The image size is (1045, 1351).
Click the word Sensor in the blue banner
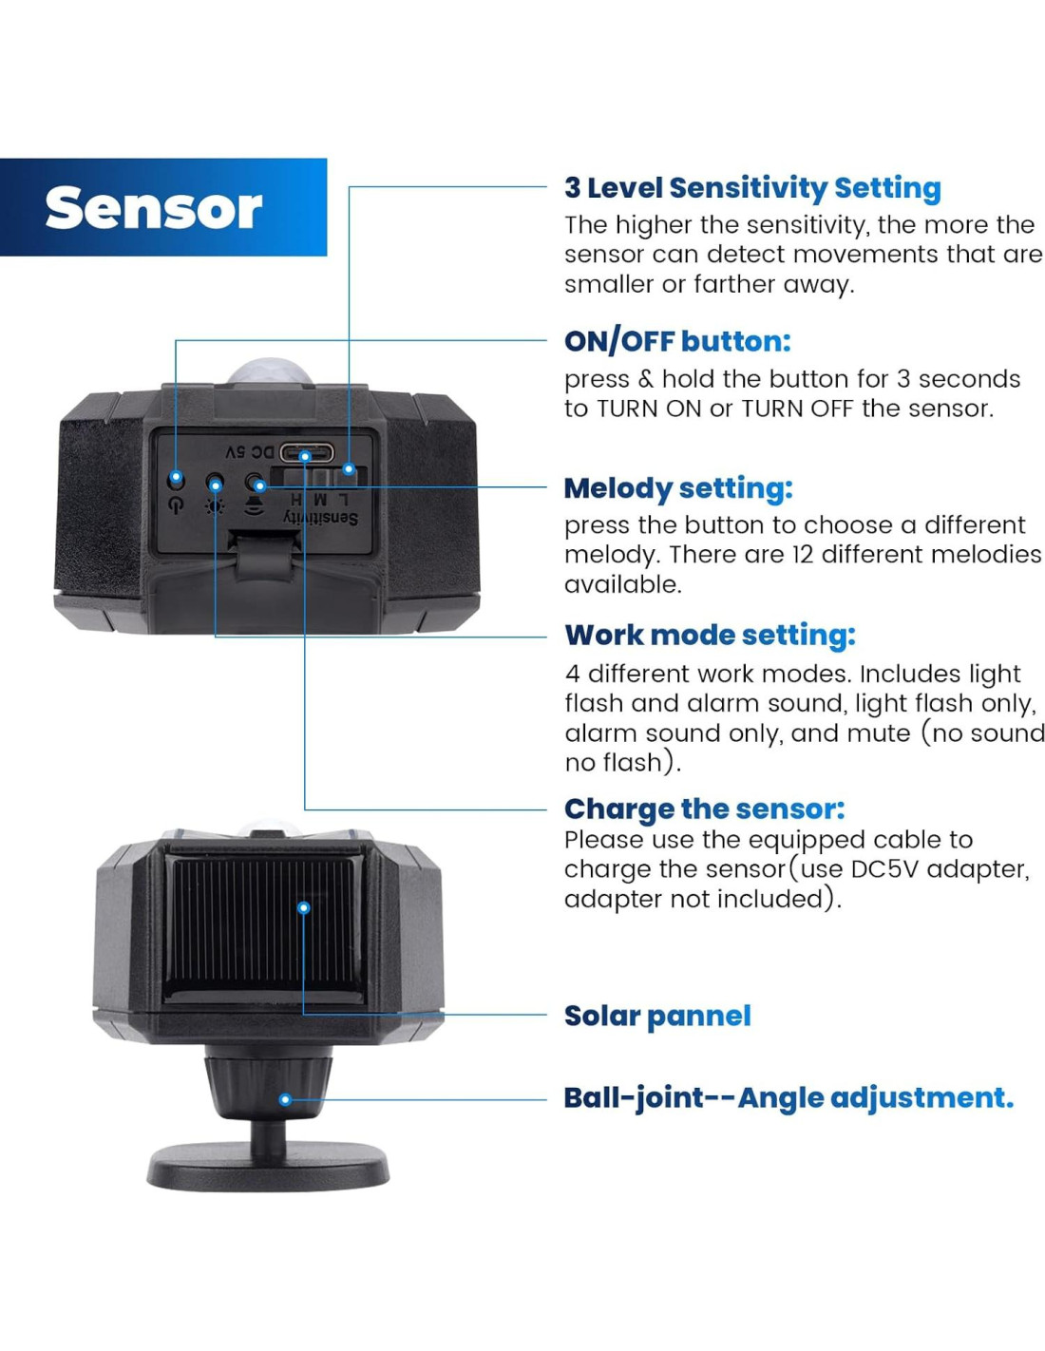pyautogui.click(x=153, y=208)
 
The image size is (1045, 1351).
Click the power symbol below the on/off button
pyautogui.click(x=175, y=505)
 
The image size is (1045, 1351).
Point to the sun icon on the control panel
pyautogui.click(x=216, y=505)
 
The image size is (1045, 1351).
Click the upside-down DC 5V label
pyautogui.click(x=249, y=451)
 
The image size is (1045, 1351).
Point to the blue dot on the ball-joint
pyautogui.click(x=285, y=1099)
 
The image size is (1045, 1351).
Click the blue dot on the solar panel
pyautogui.click(x=304, y=907)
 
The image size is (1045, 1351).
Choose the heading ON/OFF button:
pyautogui.click(x=676, y=341)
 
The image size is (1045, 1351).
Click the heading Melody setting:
pyautogui.click(x=677, y=488)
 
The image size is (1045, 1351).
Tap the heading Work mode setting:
pyautogui.click(x=710, y=635)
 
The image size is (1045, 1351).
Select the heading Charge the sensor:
pyautogui.click(x=704, y=809)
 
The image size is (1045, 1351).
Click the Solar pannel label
pyautogui.click(x=657, y=1016)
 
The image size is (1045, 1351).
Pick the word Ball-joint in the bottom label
pyautogui.click(x=634, y=1097)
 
